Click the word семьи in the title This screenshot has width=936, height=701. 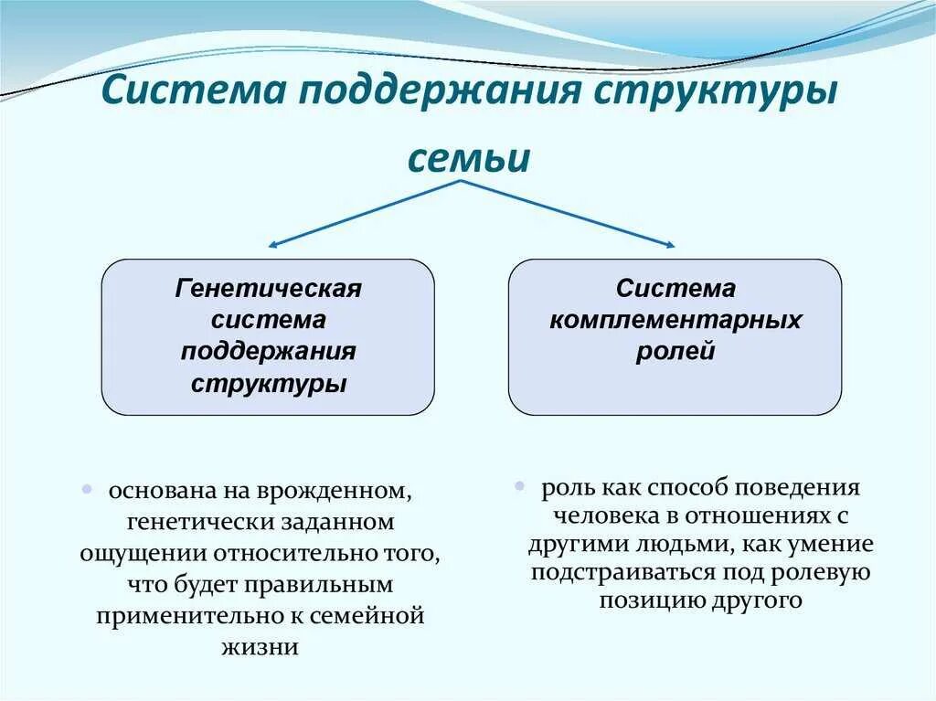point(468,158)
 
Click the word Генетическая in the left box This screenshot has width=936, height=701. point(268,289)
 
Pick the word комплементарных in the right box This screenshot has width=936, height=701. point(675,320)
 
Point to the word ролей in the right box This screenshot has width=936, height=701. point(675,352)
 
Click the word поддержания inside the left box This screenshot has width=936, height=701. point(268,352)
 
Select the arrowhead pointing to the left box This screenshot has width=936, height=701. point(272,245)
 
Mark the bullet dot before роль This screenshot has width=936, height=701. point(518,485)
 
